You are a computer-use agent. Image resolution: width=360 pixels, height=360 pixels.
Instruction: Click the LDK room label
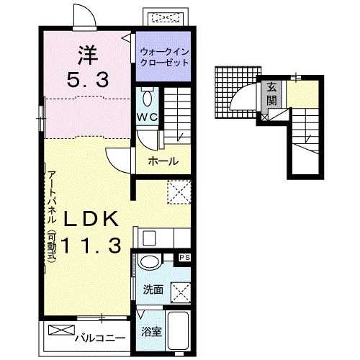point(91,218)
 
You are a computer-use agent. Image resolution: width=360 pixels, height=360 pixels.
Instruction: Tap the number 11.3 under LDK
point(91,246)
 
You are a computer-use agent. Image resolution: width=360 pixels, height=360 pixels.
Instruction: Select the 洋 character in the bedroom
point(88,55)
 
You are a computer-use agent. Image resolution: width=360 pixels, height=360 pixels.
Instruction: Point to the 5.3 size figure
point(88,79)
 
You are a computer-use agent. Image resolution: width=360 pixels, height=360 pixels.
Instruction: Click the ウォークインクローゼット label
point(164,58)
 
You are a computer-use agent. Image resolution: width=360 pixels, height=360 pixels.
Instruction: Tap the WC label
point(147,117)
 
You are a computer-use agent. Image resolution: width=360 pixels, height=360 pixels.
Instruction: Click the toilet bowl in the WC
point(147,98)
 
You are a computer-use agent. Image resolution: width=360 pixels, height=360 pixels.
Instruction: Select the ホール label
point(163,161)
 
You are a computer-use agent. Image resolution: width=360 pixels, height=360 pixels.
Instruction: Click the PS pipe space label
point(185,258)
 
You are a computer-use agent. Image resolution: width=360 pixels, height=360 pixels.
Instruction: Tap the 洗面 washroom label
point(153,289)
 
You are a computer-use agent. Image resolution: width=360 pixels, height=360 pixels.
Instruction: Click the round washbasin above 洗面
point(149,263)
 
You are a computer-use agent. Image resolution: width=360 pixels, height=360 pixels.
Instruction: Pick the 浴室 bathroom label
point(151,331)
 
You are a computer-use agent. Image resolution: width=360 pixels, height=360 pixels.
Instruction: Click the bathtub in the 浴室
point(179,330)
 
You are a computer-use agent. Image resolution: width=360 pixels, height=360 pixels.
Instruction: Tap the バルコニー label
point(100,338)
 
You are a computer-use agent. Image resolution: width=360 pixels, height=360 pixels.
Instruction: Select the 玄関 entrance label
point(271,94)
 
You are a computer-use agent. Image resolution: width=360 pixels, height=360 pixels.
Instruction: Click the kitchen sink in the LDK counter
point(149,238)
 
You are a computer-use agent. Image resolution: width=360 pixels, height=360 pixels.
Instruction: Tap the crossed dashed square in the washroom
point(181,293)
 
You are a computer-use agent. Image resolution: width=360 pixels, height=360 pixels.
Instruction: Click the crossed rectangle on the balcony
point(61,330)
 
